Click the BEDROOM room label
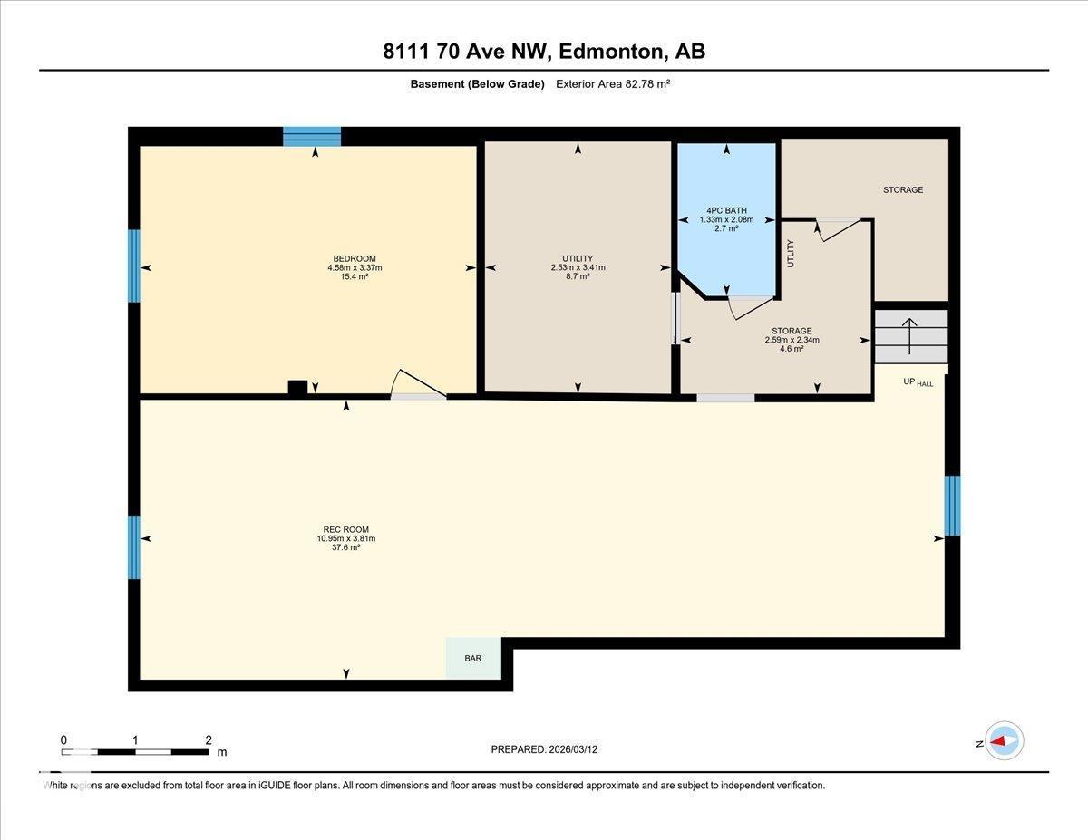(x=354, y=258)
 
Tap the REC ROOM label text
(x=345, y=530)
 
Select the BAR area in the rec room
(x=473, y=659)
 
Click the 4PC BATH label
(x=726, y=210)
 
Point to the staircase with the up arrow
(x=910, y=336)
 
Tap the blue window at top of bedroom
(x=312, y=137)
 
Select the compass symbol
(x=1005, y=741)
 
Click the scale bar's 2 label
(x=209, y=739)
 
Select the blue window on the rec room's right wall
(x=952, y=506)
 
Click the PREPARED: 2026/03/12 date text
(x=544, y=749)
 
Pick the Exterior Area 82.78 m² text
(x=613, y=84)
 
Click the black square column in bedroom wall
(x=297, y=387)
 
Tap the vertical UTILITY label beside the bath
(x=791, y=253)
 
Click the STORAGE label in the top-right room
(x=903, y=189)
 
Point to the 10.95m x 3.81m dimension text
(x=345, y=538)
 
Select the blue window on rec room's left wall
(x=134, y=547)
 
